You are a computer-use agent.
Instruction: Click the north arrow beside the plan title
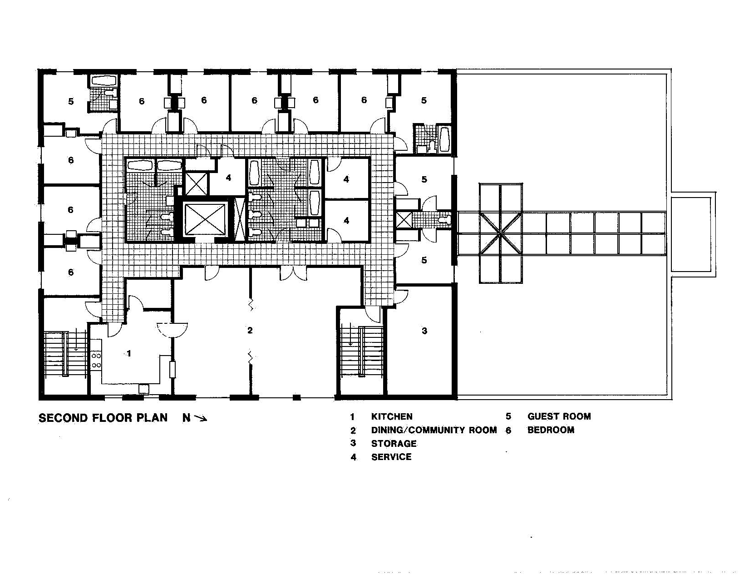point(201,419)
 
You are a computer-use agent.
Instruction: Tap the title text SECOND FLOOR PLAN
point(103,418)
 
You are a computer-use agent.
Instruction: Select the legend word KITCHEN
point(392,416)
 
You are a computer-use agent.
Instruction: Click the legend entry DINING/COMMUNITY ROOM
point(434,430)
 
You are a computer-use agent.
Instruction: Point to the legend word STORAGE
point(394,444)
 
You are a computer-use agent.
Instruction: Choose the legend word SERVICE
point(391,457)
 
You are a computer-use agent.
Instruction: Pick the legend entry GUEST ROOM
point(559,416)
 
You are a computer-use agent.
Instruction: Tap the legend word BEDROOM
point(551,430)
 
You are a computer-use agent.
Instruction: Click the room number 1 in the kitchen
point(129,353)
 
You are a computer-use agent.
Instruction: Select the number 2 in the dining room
point(250,330)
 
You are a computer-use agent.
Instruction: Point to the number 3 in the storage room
point(424,331)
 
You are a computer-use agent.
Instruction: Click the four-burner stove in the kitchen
point(97,361)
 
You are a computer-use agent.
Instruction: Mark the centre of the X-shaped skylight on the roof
point(501,233)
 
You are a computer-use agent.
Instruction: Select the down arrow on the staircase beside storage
point(350,334)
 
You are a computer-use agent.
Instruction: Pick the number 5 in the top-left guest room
point(71,101)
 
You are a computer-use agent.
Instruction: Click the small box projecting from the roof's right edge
point(694,234)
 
